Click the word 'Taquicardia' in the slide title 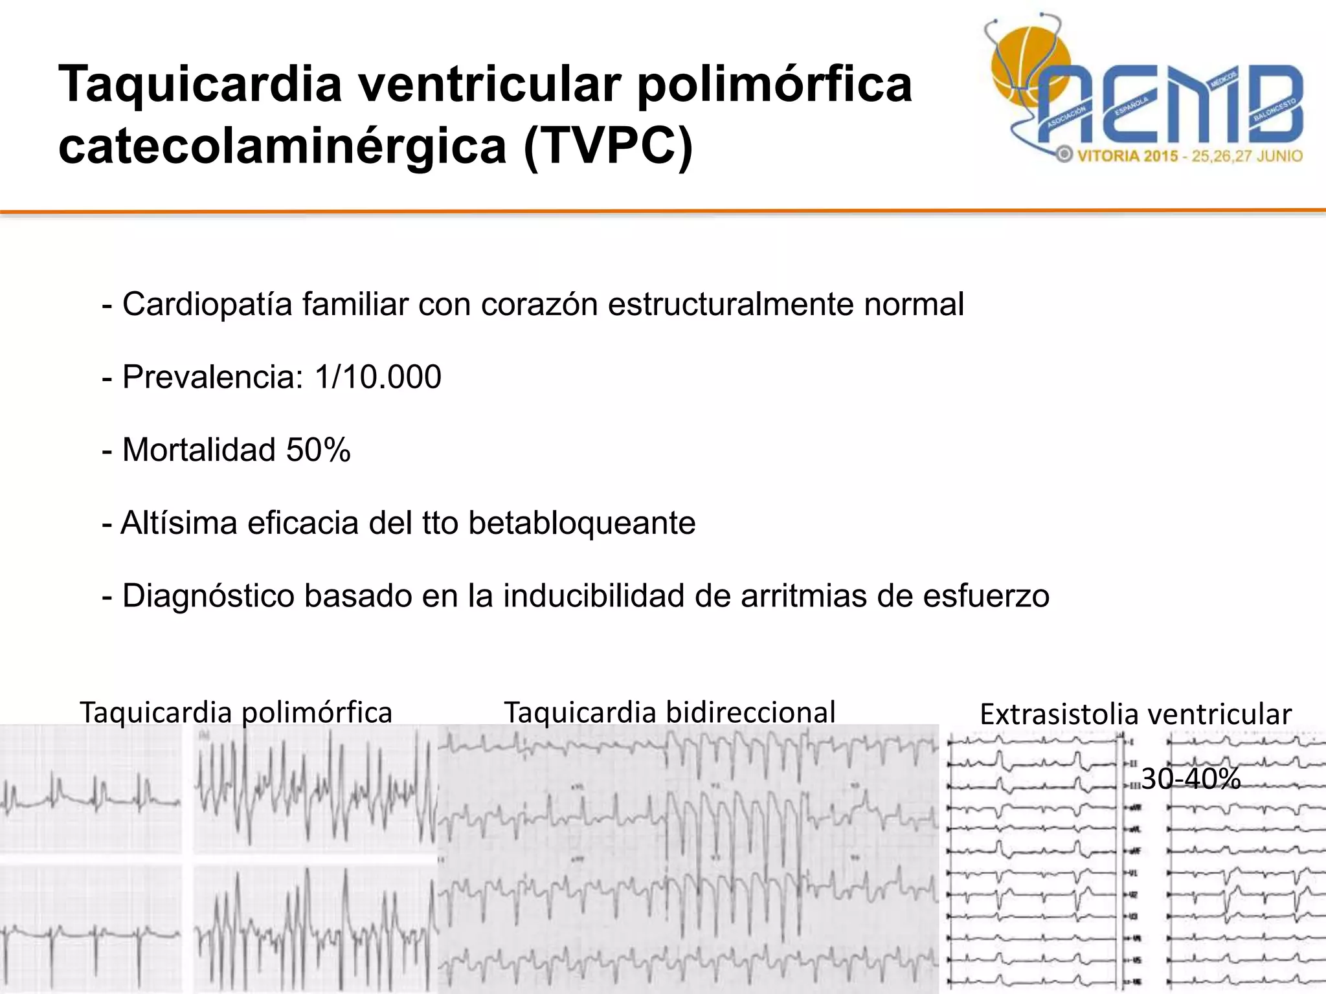point(200,84)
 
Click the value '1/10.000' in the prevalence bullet point(378,377)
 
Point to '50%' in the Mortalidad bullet point(318,450)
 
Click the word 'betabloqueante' point(581,523)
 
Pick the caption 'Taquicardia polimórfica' point(236,712)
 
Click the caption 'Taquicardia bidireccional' point(669,712)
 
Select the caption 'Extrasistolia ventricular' point(1136,714)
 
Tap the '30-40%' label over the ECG point(1190,779)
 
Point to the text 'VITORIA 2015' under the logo point(1127,156)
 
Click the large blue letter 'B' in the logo point(1272,104)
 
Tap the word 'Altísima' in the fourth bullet point(179,523)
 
